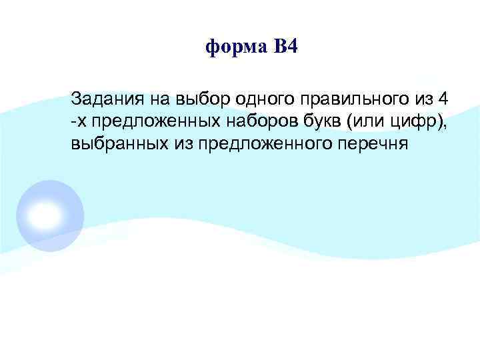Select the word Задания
click(104, 100)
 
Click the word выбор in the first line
click(198, 100)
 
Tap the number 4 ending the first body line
click(443, 99)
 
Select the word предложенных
click(139, 121)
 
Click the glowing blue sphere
click(49, 214)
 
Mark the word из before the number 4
click(418, 100)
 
